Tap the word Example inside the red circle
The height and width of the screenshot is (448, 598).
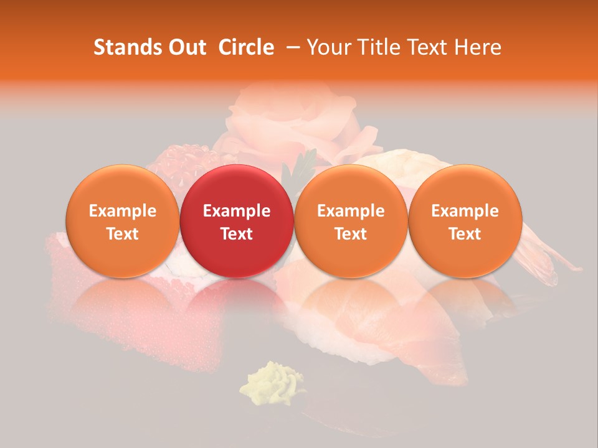click(x=237, y=211)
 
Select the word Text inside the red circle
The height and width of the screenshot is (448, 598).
click(x=237, y=234)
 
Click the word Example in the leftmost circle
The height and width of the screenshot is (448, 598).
click(x=122, y=211)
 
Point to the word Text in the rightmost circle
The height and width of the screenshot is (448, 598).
click(x=465, y=234)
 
